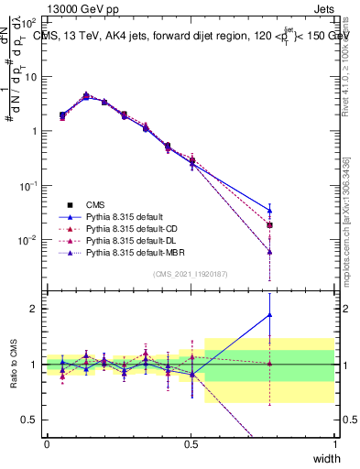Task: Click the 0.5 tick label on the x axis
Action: pyautogui.click(x=191, y=444)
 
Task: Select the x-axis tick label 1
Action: pyautogui.click(x=335, y=444)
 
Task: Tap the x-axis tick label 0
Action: pyautogui.click(x=47, y=444)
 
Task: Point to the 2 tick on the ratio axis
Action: pyautogui.click(x=36, y=309)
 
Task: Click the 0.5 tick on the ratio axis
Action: pyautogui.click(x=31, y=420)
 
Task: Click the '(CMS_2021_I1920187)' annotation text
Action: pyautogui.click(x=190, y=274)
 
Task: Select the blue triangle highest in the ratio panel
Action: pyautogui.click(x=269, y=315)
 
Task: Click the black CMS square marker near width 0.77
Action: pyautogui.click(x=269, y=225)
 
